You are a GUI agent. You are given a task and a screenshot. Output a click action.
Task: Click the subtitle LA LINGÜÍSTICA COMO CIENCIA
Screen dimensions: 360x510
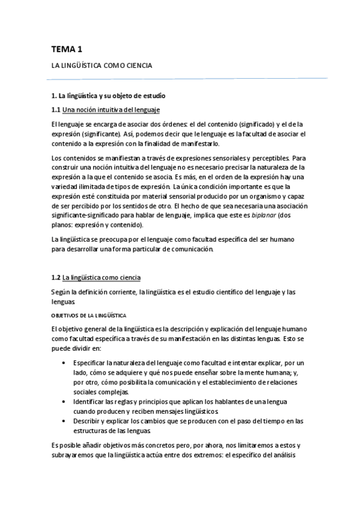[102, 65]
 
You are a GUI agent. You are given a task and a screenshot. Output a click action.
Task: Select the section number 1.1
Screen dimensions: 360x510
[56, 109]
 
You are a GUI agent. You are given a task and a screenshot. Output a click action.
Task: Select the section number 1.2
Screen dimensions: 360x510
[56, 278]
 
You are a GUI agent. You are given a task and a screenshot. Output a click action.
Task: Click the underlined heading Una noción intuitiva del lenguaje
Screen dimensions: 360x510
[111, 109]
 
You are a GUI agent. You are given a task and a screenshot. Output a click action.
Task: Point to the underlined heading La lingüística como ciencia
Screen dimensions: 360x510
[102, 278]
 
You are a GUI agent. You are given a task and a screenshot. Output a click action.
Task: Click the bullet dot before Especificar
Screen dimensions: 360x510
[64, 364]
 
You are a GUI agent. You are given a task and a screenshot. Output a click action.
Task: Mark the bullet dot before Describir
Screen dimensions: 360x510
[64, 421]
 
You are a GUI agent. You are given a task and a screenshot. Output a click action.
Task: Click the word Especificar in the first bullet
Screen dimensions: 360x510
[89, 364]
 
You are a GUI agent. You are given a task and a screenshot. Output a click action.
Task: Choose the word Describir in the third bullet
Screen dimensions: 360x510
[87, 421]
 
